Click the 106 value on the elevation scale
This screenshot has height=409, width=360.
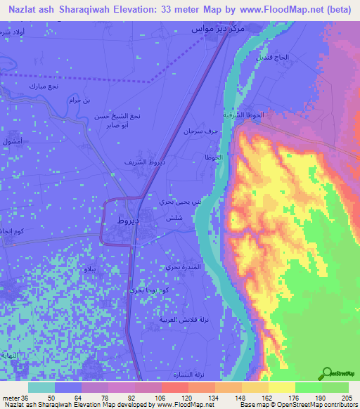150,398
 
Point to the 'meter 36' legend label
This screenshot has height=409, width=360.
13,398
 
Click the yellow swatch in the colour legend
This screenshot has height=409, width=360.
281,387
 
